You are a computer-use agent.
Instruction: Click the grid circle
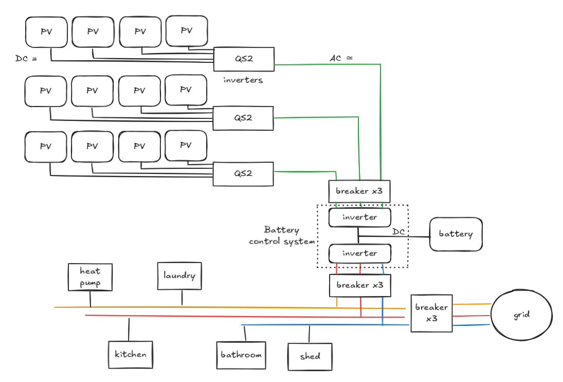[521, 315]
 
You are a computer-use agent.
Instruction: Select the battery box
[456, 234]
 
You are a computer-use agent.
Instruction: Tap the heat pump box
[90, 277]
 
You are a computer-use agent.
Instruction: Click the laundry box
[179, 276]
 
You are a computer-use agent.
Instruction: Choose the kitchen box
[131, 354]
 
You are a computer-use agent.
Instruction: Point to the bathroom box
[241, 355]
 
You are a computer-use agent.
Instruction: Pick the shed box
[310, 356]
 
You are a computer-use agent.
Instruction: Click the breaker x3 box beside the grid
[431, 312]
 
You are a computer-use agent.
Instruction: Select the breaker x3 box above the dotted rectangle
[359, 191]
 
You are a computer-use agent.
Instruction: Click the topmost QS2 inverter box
[244, 59]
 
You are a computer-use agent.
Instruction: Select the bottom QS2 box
[244, 173]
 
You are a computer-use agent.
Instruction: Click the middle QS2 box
[244, 118]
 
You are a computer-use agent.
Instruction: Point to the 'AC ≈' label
[341, 58]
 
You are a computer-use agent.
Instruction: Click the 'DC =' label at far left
[26, 59]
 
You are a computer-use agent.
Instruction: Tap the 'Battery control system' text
[281, 235]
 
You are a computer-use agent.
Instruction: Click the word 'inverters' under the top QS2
[243, 80]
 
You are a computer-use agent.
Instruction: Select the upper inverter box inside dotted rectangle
[359, 217]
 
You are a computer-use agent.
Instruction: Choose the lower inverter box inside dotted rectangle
[359, 253]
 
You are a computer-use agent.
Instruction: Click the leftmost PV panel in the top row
[46, 32]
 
